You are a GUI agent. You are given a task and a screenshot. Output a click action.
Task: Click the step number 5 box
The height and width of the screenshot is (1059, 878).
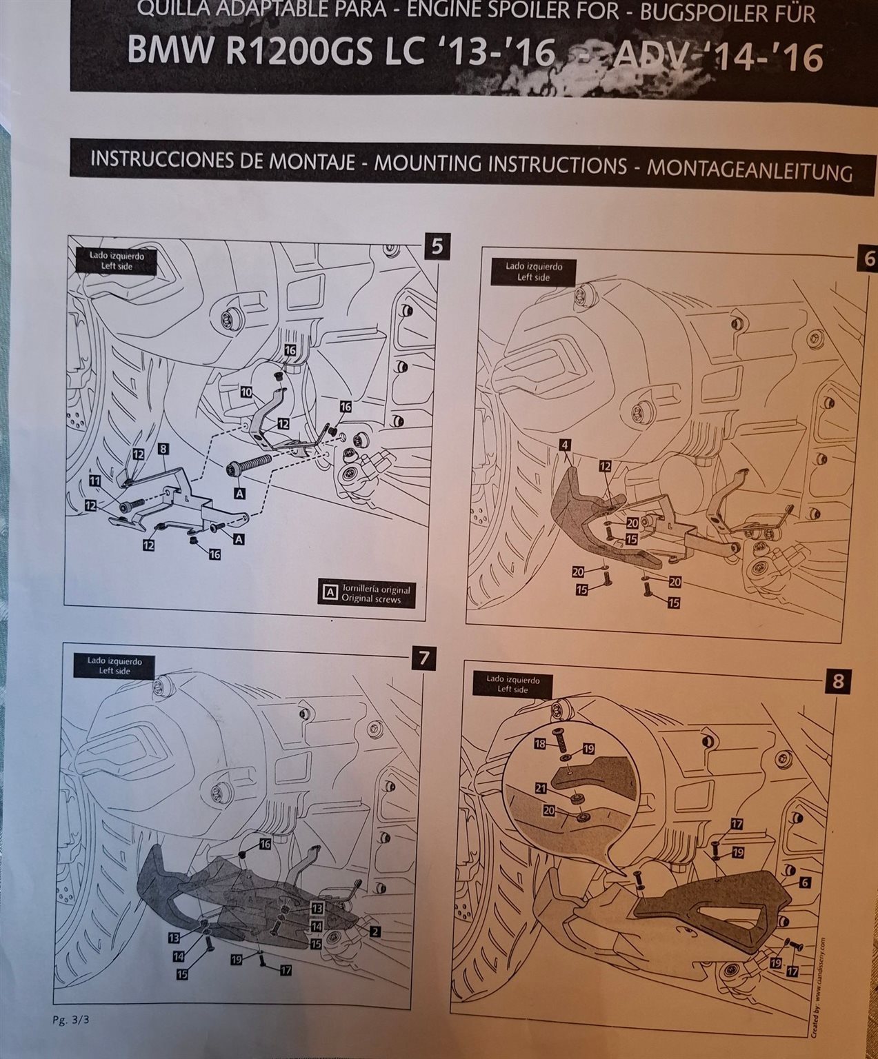(x=437, y=247)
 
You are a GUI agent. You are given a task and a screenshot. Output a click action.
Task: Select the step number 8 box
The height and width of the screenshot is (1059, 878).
(x=837, y=681)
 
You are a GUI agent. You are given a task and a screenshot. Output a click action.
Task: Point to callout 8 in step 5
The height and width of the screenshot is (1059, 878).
(x=163, y=449)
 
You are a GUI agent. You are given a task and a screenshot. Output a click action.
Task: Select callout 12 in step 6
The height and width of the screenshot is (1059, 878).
(x=605, y=466)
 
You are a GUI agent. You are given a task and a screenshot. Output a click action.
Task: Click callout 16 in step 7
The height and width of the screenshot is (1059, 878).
(x=266, y=844)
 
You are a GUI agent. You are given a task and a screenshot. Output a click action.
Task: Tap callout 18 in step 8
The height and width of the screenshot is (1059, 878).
(x=539, y=743)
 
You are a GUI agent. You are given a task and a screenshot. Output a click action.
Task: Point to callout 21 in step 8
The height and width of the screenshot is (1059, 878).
(x=541, y=787)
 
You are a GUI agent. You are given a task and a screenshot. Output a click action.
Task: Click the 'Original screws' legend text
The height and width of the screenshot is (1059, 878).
(x=370, y=598)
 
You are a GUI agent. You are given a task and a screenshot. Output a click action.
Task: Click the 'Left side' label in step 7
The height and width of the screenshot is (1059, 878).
(x=114, y=670)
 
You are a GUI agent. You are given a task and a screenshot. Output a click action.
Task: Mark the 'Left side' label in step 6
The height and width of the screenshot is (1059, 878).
(x=533, y=277)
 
